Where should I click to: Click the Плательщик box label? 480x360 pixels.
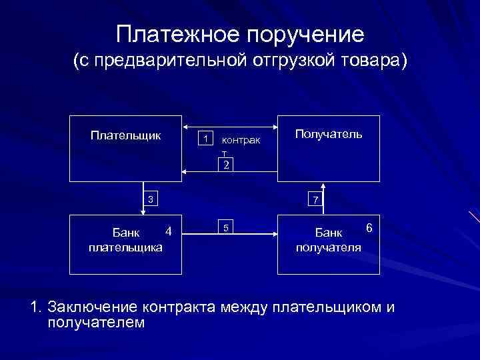pyautogui.click(x=125, y=135)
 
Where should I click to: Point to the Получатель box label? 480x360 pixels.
pyautogui.click(x=329, y=135)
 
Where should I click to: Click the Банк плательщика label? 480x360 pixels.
pyautogui.click(x=125, y=241)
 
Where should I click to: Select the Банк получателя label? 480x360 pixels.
pyautogui.click(x=329, y=241)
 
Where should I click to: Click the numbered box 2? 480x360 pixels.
pyautogui.click(x=227, y=165)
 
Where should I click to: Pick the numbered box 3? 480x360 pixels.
pyautogui.click(x=151, y=199)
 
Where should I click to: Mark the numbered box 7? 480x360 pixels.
pyautogui.click(x=315, y=200)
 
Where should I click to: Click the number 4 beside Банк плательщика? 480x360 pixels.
pyautogui.click(x=169, y=231)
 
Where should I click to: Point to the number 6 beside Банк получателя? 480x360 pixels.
pyautogui.click(x=368, y=228)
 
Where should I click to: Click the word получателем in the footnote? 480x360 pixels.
pyautogui.click(x=96, y=323)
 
